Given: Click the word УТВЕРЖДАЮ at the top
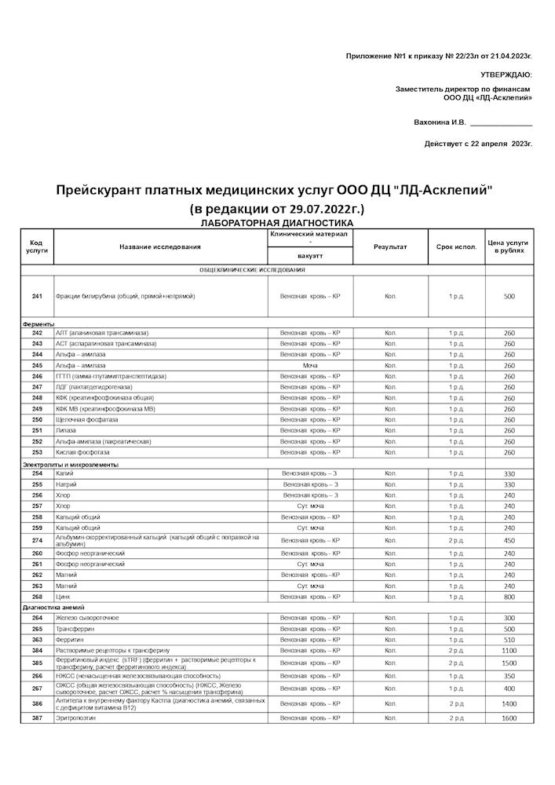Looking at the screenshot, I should click(506, 75).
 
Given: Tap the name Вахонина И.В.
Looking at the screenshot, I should click(440, 122).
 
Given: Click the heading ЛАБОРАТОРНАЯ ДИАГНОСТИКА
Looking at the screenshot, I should click(277, 224).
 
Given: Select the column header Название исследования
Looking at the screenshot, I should click(160, 247).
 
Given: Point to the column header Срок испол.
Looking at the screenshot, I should click(456, 247).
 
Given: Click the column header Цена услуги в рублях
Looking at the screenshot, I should click(509, 247).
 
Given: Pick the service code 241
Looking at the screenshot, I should click(37, 297).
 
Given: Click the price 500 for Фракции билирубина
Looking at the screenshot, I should click(509, 297).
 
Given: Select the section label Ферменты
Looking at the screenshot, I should click(38, 324).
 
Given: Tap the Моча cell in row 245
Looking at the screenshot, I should click(309, 366).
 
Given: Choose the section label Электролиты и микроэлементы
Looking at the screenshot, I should click(71, 465).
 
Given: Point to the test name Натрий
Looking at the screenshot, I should click(66, 485).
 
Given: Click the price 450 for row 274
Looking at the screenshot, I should click(509, 541).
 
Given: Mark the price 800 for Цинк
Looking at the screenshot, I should click(509, 597).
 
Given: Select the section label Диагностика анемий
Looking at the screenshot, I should click(54, 608).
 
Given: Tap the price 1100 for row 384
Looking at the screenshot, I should click(509, 651).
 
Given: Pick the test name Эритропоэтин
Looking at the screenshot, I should click(75, 718).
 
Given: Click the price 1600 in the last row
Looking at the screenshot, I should click(509, 718).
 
